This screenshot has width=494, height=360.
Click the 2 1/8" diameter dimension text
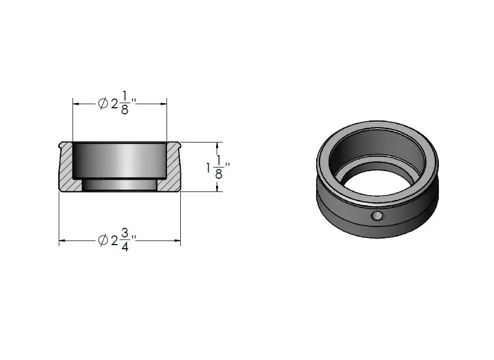coord(117,103)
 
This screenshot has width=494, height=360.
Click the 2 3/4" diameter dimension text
coord(117,240)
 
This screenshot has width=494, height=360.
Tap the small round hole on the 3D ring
coord(377,216)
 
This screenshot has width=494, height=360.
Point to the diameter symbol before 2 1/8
coord(103,103)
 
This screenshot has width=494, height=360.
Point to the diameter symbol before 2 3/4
coord(103,241)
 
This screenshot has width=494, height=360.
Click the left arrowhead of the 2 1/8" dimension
coord(76,103)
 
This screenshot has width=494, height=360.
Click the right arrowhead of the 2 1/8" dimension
coord(163,103)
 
